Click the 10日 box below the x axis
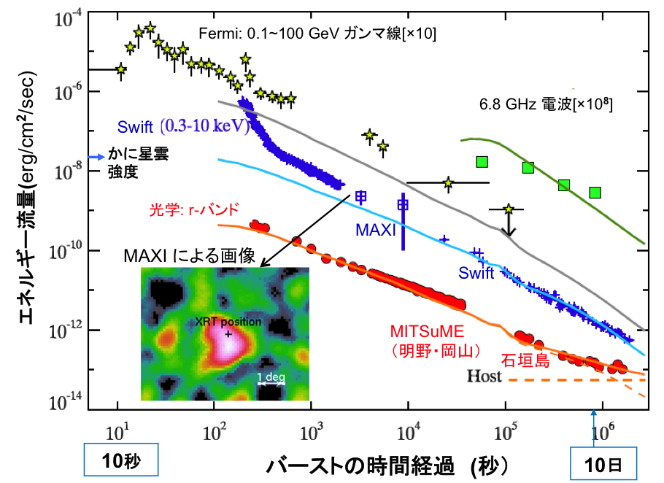[603, 464]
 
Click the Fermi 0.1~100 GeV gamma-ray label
[317, 34]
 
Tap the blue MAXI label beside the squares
[376, 230]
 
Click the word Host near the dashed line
[485, 376]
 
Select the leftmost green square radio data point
[482, 161]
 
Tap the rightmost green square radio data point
[595, 193]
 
